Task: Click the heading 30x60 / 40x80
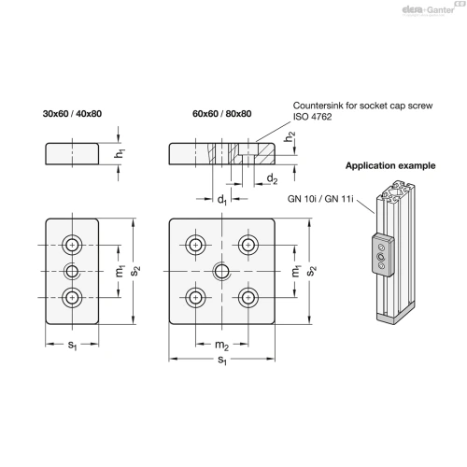pyautogui.click(x=72, y=114)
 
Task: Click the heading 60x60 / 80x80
pyautogui.click(x=222, y=114)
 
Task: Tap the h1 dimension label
pyautogui.click(x=120, y=153)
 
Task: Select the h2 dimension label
pyautogui.click(x=290, y=136)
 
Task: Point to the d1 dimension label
pyautogui.click(x=222, y=199)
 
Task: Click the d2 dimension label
pyautogui.click(x=272, y=178)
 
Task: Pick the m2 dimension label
pyautogui.click(x=222, y=345)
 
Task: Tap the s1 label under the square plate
pyautogui.click(x=222, y=360)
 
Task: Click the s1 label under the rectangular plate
pyautogui.click(x=72, y=345)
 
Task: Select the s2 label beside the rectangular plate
pyautogui.click(x=135, y=271)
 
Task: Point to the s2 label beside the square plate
pyautogui.click(x=311, y=271)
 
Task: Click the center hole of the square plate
pyautogui.click(x=221, y=271)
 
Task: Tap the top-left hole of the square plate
pyautogui.click(x=195, y=245)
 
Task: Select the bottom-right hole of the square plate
pyautogui.click(x=248, y=297)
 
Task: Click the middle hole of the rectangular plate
pyautogui.click(x=72, y=271)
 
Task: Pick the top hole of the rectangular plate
pyautogui.click(x=72, y=245)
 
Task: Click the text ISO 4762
pyautogui.click(x=312, y=117)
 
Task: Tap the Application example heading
pyautogui.click(x=390, y=165)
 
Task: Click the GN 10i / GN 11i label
pyautogui.click(x=320, y=199)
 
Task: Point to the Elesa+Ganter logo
pyautogui.click(x=428, y=10)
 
